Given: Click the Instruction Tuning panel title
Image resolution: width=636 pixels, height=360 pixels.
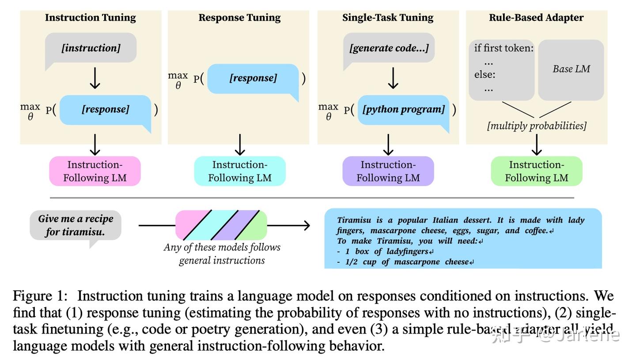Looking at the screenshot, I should click(90, 18).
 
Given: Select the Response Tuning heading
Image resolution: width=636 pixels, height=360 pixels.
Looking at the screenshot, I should click(239, 18).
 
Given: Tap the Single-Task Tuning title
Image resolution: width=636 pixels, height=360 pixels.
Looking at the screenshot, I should click(387, 18).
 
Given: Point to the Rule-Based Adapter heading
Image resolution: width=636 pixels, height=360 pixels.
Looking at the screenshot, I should click(536, 18).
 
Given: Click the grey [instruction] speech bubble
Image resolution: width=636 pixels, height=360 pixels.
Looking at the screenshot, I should click(91, 48).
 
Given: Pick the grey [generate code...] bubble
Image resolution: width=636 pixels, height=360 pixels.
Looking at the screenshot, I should click(389, 48).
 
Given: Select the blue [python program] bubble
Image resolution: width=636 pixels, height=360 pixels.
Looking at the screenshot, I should click(403, 110).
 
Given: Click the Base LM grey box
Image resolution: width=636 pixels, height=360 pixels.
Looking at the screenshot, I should click(571, 69).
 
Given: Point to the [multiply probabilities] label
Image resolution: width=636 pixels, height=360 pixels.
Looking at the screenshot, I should click(536, 126).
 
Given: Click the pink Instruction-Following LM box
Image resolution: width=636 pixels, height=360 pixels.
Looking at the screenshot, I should click(95, 171).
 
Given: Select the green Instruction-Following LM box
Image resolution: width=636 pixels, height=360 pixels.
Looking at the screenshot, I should click(536, 171).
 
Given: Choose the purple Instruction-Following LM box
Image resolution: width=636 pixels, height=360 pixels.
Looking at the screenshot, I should click(388, 171).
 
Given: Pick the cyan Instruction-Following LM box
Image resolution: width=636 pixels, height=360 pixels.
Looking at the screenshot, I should click(239, 171).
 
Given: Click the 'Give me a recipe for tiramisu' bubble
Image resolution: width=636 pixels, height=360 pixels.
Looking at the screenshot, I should click(76, 225).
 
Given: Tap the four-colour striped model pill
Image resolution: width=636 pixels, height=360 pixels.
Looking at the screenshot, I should click(221, 225).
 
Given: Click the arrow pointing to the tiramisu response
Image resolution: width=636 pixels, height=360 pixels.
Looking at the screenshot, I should click(289, 225).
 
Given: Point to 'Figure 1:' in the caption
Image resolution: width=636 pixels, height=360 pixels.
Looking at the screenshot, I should click(40, 296).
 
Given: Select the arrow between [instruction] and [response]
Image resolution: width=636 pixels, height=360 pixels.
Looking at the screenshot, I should click(95, 79).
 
